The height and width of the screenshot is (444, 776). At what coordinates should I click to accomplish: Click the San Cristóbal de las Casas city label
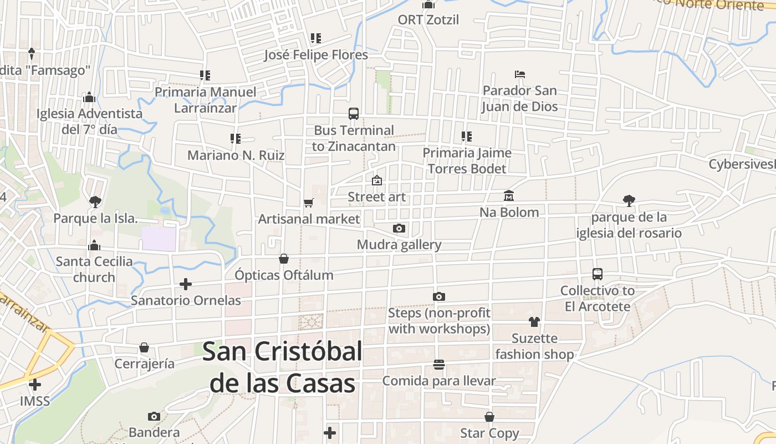point(282,367)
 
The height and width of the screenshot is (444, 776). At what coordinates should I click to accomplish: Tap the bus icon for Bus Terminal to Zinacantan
point(354,114)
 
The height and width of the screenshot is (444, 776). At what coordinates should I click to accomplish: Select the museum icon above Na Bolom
point(509,196)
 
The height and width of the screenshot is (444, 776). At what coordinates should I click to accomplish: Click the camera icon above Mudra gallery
point(399,228)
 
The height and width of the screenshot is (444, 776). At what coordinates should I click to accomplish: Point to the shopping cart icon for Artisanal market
point(309,203)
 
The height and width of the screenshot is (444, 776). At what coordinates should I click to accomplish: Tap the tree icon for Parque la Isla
point(95,201)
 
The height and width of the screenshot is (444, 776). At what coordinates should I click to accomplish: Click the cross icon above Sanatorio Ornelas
point(186,284)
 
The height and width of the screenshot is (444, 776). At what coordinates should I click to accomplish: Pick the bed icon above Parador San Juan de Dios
point(519,74)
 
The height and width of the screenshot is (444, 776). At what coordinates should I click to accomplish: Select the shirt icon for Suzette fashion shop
point(534,322)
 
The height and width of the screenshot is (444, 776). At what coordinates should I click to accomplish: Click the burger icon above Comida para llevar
point(439,365)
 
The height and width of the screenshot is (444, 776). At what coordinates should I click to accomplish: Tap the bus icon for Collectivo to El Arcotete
point(598,274)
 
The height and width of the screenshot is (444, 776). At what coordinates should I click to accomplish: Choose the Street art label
point(376,197)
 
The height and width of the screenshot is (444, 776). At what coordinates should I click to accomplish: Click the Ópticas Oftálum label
point(284,275)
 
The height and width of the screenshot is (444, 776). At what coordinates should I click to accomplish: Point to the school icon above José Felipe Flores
point(316,38)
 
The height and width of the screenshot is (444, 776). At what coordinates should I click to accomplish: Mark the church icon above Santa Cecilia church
point(94,245)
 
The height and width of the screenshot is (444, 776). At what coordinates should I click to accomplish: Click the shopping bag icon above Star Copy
point(489,417)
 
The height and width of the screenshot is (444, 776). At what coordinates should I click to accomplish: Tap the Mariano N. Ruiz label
point(236,155)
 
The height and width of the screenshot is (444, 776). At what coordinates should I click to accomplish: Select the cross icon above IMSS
point(35,384)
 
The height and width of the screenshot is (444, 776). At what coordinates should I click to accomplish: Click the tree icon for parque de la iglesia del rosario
point(629,200)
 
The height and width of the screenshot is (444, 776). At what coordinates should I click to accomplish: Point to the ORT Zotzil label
point(428,20)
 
